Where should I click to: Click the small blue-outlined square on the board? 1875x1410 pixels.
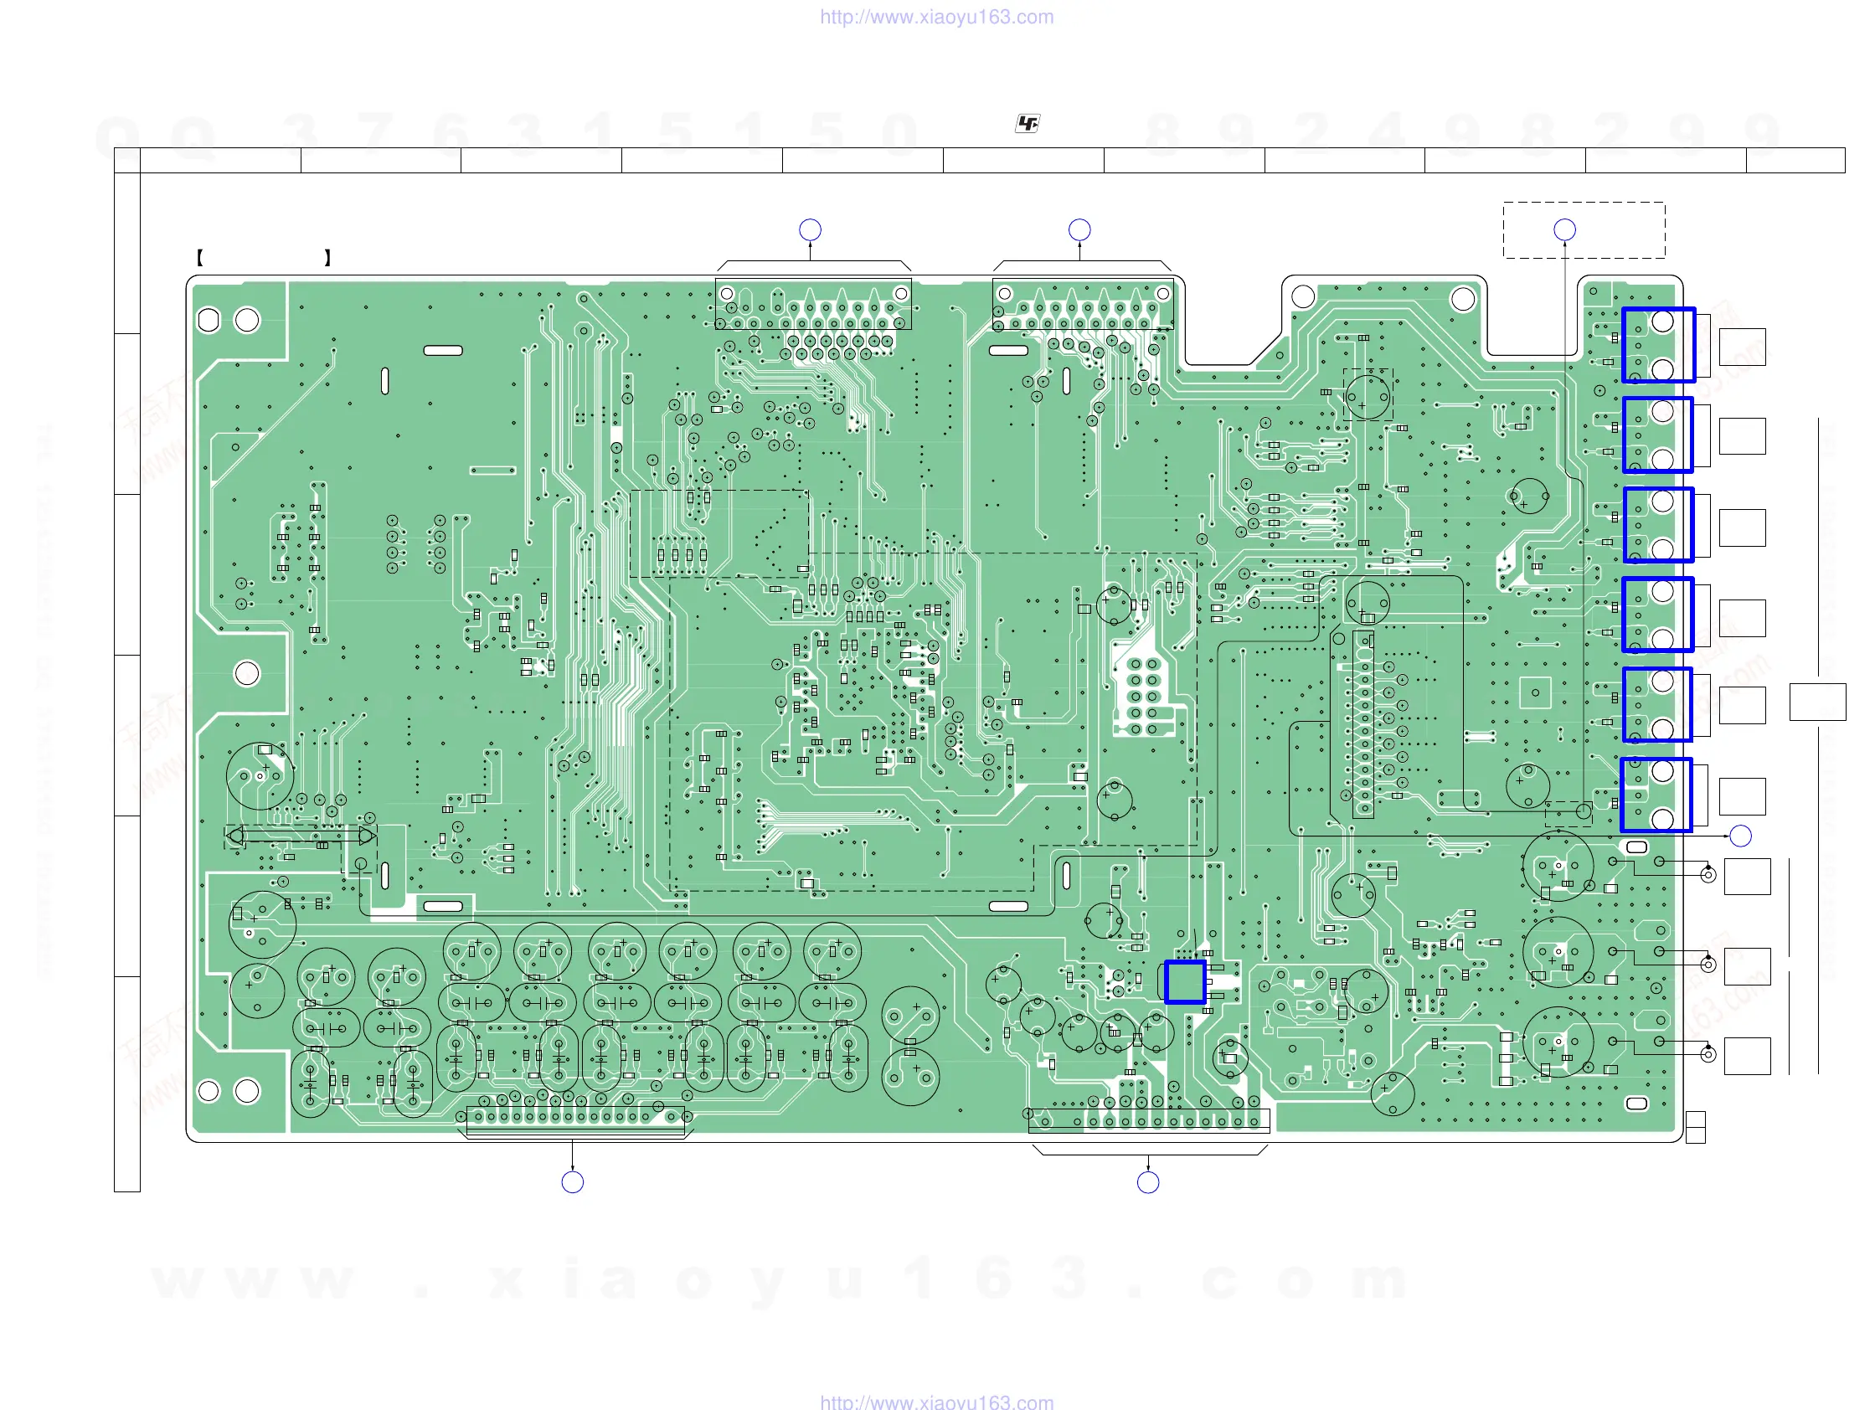pyautogui.click(x=1184, y=981)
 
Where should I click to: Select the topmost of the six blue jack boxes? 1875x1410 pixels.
pyautogui.click(x=1658, y=345)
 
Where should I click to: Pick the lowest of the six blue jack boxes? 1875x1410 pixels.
pyautogui.click(x=1656, y=794)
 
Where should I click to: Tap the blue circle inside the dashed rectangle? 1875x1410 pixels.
pyautogui.click(x=1564, y=229)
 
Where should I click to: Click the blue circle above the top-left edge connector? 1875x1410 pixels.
pyautogui.click(x=810, y=229)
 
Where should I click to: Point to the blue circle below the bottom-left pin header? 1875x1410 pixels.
pyautogui.click(x=572, y=1181)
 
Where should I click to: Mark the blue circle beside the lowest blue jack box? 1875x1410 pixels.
pyautogui.click(x=1740, y=836)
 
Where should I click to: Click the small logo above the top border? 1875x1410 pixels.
pyautogui.click(x=1027, y=124)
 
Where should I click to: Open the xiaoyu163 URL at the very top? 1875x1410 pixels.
pyautogui.click(x=936, y=17)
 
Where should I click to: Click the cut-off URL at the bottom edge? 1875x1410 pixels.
pyautogui.click(x=936, y=1402)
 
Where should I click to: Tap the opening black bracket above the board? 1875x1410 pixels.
pyautogui.click(x=200, y=258)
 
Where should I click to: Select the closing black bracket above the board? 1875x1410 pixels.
pyautogui.click(x=327, y=258)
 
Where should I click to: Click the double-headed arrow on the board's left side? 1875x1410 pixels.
pyautogui.click(x=301, y=836)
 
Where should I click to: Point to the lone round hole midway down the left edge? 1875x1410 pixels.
pyautogui.click(x=247, y=674)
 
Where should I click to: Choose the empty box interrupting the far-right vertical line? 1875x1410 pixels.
pyautogui.click(x=1817, y=702)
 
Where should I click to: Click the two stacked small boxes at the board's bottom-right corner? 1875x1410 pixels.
pyautogui.click(x=1695, y=1127)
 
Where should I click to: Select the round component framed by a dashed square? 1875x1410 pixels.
pyautogui.click(x=1368, y=395)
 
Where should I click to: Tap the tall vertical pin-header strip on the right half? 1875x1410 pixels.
pyautogui.click(x=1363, y=724)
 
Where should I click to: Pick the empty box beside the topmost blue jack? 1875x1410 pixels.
pyautogui.click(x=1742, y=347)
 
